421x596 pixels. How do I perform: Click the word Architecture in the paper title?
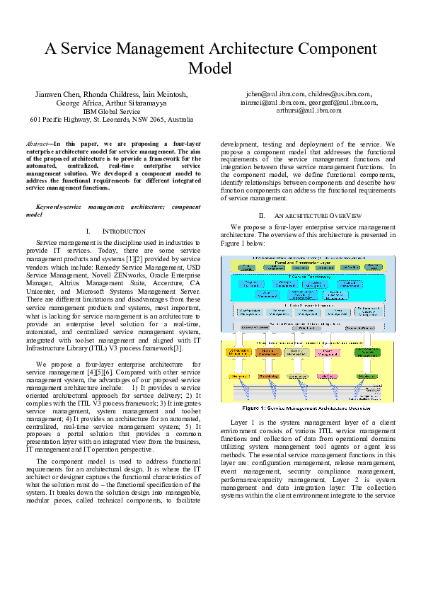coord(226,49)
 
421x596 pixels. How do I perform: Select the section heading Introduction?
coord(125,231)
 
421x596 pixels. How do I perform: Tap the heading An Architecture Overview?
coord(318,214)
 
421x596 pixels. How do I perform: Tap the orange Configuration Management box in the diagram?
coord(242,352)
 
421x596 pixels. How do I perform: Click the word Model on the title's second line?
coord(210,68)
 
